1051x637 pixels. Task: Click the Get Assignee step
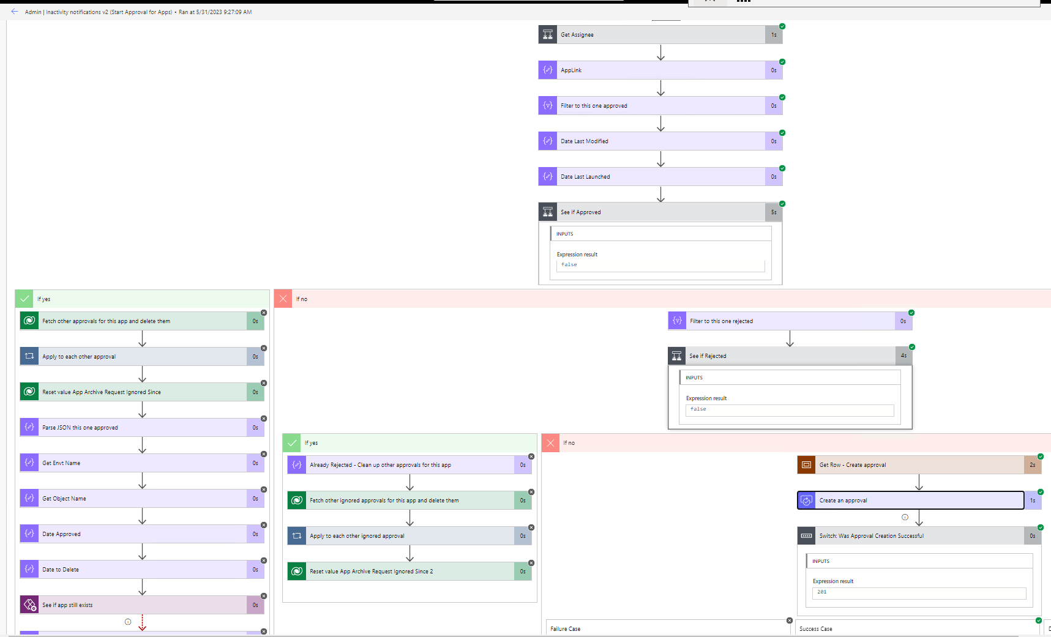click(x=651, y=35)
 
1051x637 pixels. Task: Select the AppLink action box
click(x=651, y=70)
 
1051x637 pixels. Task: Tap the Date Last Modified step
click(x=651, y=141)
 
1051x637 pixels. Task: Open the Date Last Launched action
click(x=651, y=177)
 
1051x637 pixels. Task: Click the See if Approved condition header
click(x=651, y=212)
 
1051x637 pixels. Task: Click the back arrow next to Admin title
click(x=15, y=12)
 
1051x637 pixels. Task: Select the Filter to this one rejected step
click(x=781, y=321)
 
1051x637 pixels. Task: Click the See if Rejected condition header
click(x=781, y=356)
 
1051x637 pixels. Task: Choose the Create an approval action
click(x=910, y=501)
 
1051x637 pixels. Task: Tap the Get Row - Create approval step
click(x=910, y=465)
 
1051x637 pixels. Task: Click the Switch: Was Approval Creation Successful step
click(x=910, y=536)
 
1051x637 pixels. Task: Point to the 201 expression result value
click(x=822, y=592)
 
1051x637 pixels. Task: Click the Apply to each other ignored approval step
click(x=401, y=536)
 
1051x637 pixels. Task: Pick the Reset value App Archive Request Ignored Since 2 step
click(x=401, y=572)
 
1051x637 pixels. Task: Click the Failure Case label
click(x=566, y=629)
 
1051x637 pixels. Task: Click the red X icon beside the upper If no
click(x=283, y=299)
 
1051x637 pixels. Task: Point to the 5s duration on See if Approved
click(x=774, y=212)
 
